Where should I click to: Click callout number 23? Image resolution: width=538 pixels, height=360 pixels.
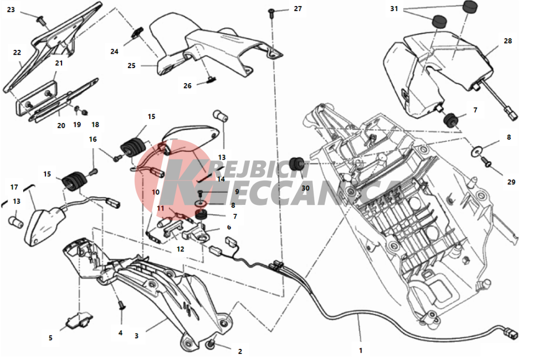click(11, 9)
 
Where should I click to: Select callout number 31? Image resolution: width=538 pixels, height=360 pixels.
click(394, 8)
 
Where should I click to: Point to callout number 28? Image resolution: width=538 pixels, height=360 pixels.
click(508, 41)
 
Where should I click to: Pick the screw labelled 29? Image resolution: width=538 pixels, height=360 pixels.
click(486, 160)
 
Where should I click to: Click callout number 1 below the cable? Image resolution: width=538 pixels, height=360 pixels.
click(360, 351)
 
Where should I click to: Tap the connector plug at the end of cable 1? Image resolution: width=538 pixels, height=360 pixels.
click(510, 333)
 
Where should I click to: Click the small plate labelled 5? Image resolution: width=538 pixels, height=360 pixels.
click(79, 320)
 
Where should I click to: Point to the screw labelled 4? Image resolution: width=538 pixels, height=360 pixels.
click(121, 305)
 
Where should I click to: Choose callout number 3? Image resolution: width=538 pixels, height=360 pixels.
click(136, 336)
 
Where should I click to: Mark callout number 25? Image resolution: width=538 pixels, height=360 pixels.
click(131, 65)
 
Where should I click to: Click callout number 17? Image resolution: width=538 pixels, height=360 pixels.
click(14, 187)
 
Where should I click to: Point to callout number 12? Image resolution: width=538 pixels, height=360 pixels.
click(181, 249)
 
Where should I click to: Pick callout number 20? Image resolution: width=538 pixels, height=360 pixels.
click(61, 126)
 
